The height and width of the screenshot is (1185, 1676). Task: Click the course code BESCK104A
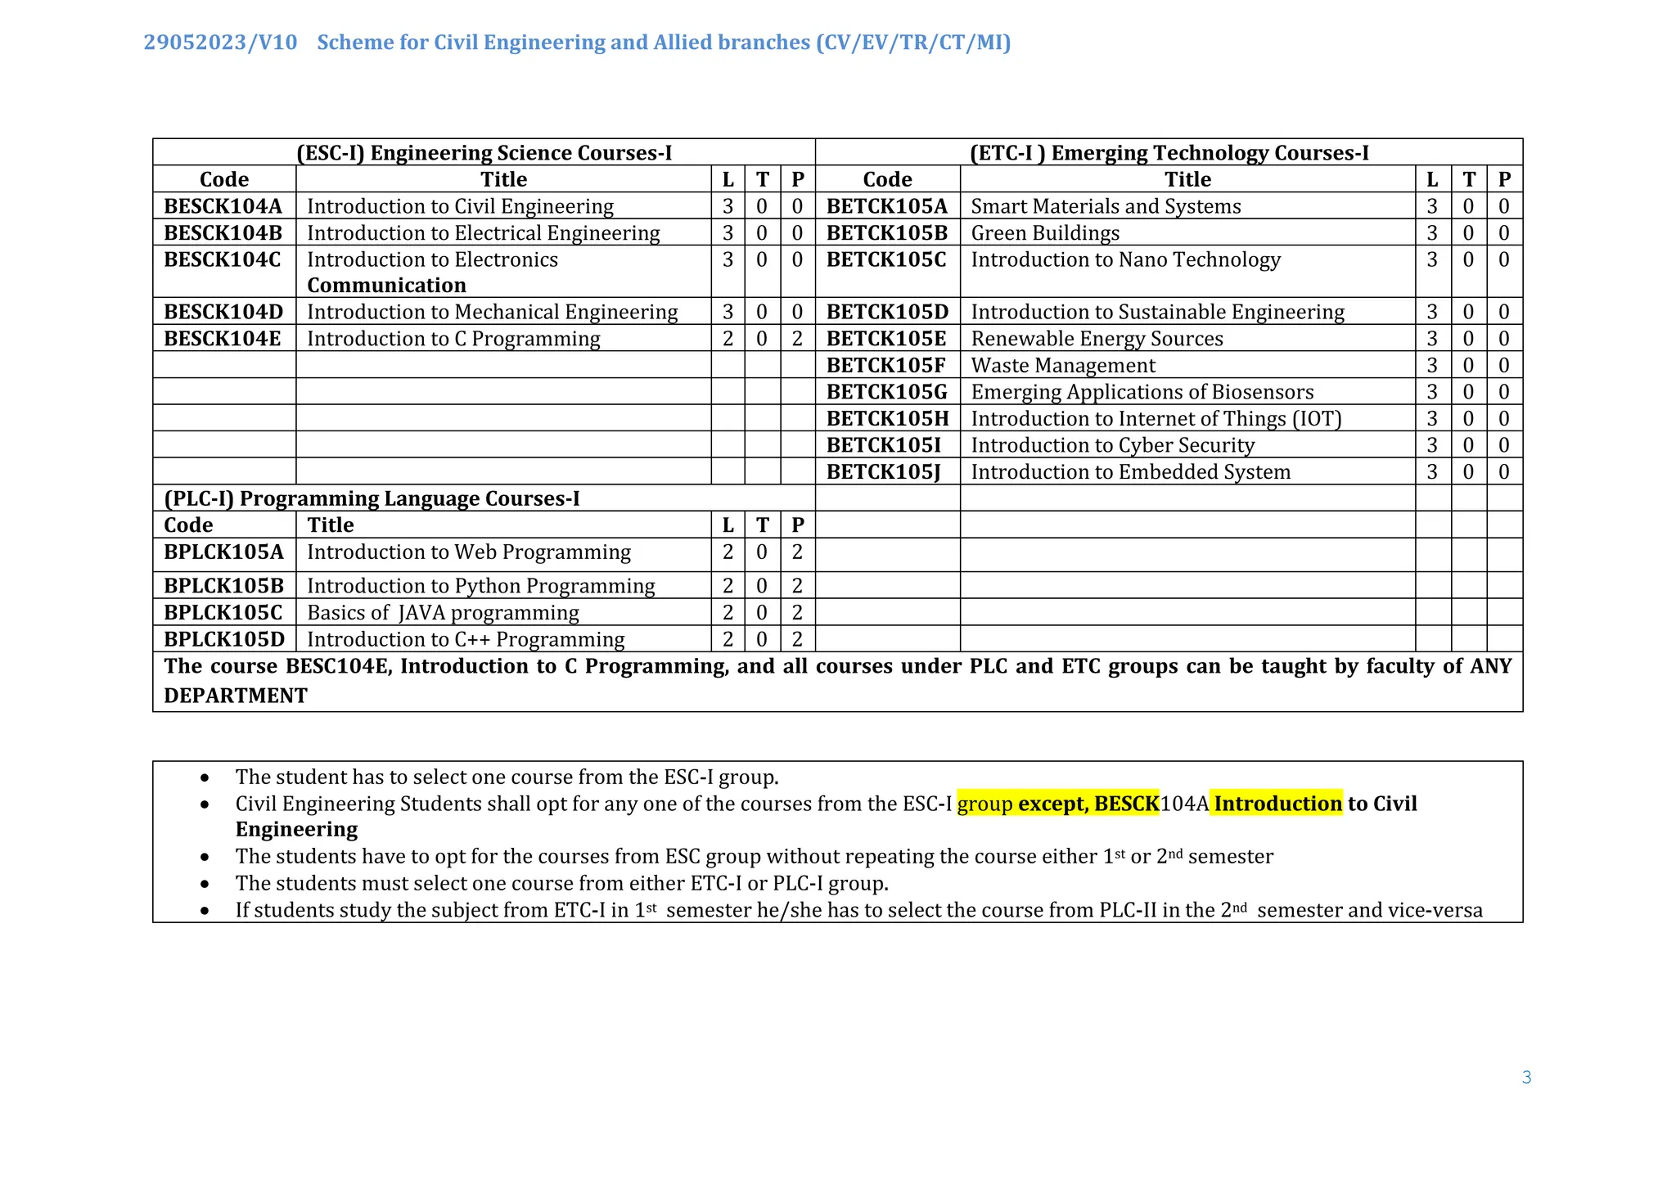pos(223,206)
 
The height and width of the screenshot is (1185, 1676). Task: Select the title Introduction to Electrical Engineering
pos(483,233)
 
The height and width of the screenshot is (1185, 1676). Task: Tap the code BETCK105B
pos(886,233)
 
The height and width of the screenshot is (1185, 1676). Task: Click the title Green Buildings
pos(1045,233)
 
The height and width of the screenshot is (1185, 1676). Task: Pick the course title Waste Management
pos(1063,366)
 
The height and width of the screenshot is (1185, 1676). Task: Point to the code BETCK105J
pos(883,472)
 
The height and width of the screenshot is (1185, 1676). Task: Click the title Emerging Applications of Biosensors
pos(1142,392)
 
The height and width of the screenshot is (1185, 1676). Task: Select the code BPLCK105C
pos(223,613)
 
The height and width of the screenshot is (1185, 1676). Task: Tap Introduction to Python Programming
pos(480,586)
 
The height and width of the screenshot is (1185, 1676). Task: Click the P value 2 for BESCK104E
pos(797,339)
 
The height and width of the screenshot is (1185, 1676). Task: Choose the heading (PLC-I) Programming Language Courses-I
pos(372,498)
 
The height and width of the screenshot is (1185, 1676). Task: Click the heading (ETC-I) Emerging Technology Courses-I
pos(1169,153)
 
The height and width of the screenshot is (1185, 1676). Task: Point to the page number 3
pos(1526,1077)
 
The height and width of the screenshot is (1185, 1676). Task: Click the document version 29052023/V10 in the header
pos(220,43)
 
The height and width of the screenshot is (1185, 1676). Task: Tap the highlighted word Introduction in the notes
pos(1277,804)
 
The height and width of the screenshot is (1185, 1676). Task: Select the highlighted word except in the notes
pos(1052,804)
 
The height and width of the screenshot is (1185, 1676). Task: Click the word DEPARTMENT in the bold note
pos(236,696)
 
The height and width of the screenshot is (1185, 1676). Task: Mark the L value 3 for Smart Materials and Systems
pos(1432,206)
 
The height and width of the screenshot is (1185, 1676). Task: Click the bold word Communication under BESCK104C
pos(386,286)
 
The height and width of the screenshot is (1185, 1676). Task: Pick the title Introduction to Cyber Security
pos(1112,445)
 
